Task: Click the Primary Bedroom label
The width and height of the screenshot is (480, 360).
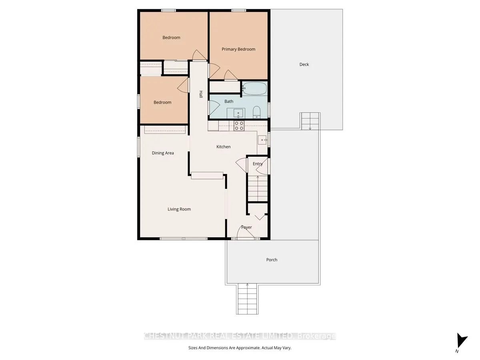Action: [x=238, y=49]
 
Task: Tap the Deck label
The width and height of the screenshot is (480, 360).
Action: [x=304, y=64]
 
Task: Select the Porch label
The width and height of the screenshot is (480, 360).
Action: [x=272, y=260]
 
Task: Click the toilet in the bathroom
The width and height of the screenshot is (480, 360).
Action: [x=257, y=112]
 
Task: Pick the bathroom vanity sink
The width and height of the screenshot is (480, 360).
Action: [x=238, y=113]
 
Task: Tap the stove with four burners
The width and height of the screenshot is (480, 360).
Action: [x=239, y=126]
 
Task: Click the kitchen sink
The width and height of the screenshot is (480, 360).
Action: [x=262, y=140]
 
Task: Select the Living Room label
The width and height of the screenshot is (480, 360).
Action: [x=179, y=209]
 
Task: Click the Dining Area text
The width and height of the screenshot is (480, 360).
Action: [x=163, y=153]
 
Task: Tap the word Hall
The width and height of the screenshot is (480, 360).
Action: [x=201, y=94]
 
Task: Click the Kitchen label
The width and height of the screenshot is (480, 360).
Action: [x=223, y=147]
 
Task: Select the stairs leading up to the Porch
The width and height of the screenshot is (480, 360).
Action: [x=248, y=299]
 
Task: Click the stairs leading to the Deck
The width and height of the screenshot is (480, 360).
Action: [x=310, y=121]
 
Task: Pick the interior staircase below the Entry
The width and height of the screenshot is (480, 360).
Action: [x=258, y=189]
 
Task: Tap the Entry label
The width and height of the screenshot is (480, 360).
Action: [x=258, y=164]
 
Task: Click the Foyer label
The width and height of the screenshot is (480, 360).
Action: [x=246, y=227]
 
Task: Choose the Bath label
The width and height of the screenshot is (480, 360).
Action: [x=229, y=101]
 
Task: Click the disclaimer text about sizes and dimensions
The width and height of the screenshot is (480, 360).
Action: [x=240, y=348]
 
